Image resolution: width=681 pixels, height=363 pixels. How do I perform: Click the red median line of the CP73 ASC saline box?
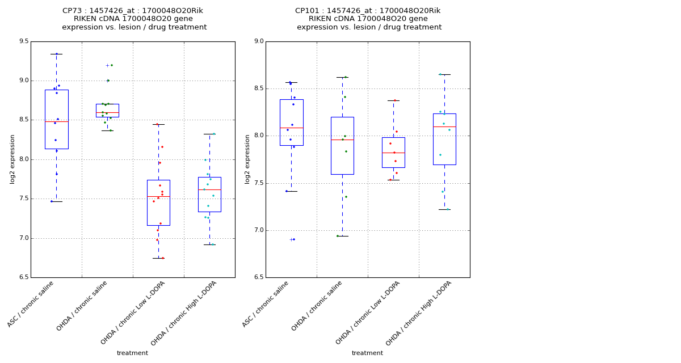point(56,121)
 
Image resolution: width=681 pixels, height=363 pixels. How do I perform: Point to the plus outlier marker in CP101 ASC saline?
point(291,239)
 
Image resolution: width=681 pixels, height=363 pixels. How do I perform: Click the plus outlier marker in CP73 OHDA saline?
point(107,65)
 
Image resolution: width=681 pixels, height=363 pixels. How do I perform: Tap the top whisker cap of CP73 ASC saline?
point(56,54)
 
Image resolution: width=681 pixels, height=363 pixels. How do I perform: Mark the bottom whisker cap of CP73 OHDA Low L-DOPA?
point(158,258)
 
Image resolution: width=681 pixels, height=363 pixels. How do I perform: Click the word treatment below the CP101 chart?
point(367,353)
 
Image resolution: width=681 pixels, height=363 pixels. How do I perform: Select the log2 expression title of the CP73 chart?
point(12,159)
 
